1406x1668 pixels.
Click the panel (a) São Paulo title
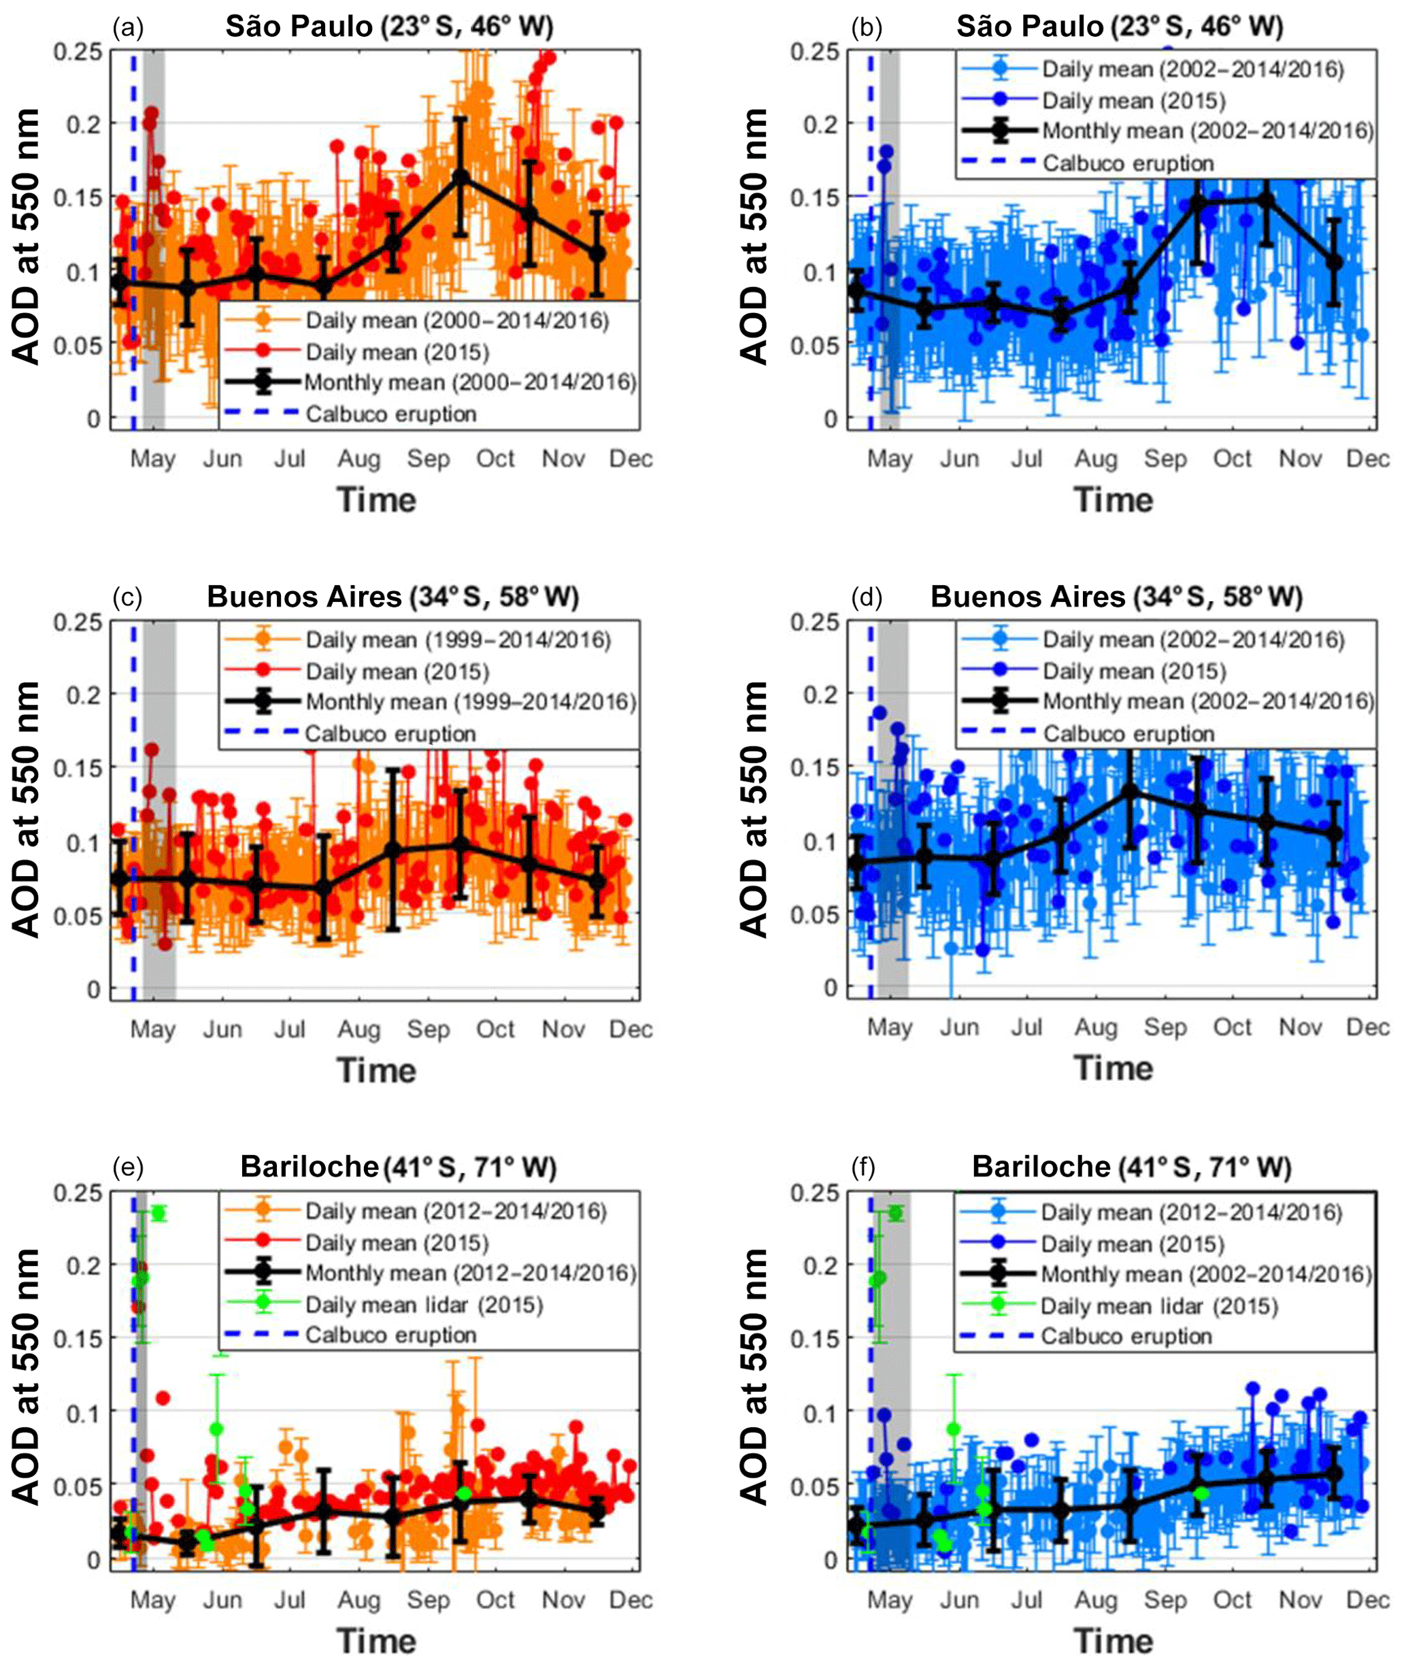[389, 27]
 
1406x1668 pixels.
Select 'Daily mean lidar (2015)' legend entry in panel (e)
[423, 1305]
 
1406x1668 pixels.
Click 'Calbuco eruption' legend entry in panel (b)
[1128, 163]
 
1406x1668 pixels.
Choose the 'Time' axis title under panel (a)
[376, 500]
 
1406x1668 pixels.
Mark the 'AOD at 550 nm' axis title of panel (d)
[753, 809]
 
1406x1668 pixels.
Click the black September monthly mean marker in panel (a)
[460, 176]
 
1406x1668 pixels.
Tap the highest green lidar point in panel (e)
[158, 1213]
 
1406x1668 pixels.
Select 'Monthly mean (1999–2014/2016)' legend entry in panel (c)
[470, 702]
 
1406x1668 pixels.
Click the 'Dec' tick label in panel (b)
[1367, 458]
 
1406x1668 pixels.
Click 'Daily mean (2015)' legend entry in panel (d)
[1133, 671]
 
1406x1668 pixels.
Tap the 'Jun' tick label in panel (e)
[222, 1599]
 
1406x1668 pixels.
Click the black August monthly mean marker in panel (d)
[1128, 791]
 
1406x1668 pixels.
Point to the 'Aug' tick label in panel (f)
[1095, 1599]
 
